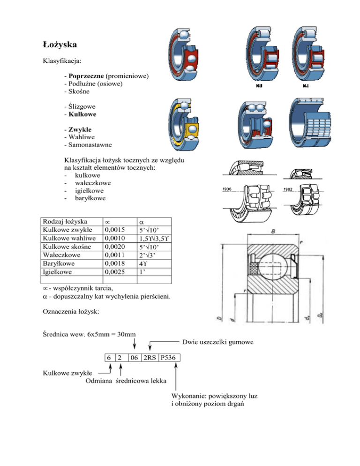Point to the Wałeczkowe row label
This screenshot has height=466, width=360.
click(61, 254)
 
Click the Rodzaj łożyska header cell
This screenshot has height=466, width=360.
click(64, 221)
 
